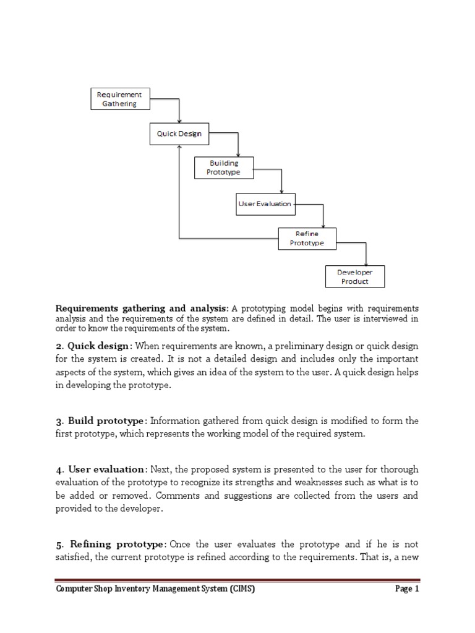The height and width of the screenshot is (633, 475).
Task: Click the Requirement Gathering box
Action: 118,100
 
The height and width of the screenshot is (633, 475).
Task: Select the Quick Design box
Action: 179,134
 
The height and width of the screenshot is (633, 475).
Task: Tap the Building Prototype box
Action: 223,168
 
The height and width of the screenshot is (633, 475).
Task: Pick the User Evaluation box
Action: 265,203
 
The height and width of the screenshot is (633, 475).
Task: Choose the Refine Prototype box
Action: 307,239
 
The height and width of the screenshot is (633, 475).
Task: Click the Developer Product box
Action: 355,276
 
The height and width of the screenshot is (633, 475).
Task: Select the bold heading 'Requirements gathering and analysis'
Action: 142,308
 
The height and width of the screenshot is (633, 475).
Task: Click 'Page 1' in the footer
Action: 407,589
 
